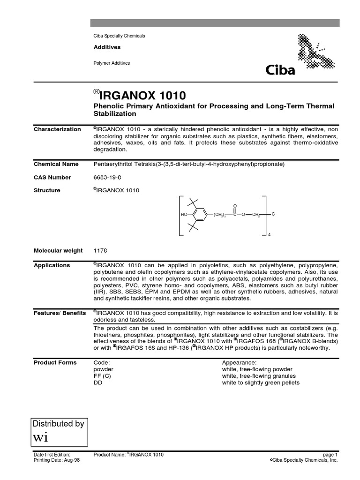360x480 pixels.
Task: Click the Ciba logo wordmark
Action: pos(280,71)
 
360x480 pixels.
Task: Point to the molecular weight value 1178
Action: pos(101,251)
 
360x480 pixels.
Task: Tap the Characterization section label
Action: pos(57,129)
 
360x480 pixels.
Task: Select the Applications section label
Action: pos(52,265)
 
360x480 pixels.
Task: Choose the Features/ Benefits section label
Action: pos(60,313)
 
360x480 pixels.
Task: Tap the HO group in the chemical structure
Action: pos(183,215)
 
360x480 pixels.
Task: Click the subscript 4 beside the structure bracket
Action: pos(269,234)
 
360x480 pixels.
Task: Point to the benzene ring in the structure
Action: pos(200,215)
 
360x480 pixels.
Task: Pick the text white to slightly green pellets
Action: pos(261,382)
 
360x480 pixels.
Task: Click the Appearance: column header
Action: pos(239,363)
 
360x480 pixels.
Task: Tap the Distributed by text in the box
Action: pos(58,424)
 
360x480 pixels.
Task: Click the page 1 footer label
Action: pos(330,455)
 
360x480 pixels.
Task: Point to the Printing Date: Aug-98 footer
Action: pos(57,460)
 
